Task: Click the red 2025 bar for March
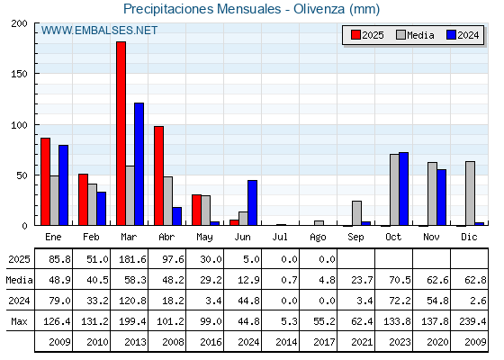coord(121,133)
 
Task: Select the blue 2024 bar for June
coord(252,202)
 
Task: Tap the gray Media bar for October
coord(394,190)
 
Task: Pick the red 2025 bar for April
coord(158,175)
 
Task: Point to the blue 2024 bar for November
coord(441,197)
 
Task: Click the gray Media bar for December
coord(470,193)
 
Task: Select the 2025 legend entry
coord(367,35)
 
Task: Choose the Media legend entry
coord(415,35)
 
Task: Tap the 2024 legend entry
coord(463,35)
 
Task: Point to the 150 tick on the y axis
coord(19,74)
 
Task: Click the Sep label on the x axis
coord(355,238)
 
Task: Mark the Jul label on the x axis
coord(280,238)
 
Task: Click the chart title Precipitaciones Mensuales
coord(202,9)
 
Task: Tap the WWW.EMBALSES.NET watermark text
coord(99,31)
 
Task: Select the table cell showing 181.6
coord(132,259)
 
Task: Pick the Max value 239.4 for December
coord(472,321)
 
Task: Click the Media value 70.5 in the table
coord(400,280)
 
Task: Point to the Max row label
coord(19,321)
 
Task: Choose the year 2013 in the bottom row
coord(135,342)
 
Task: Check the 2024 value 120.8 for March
coord(132,301)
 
